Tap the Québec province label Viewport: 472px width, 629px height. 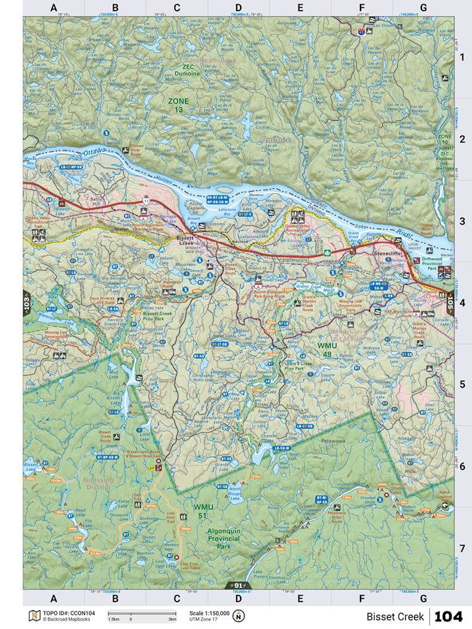(x=275, y=139)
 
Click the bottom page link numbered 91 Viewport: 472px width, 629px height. (x=238, y=586)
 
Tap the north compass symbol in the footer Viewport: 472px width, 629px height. (x=238, y=616)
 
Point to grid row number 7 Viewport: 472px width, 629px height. (x=462, y=547)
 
